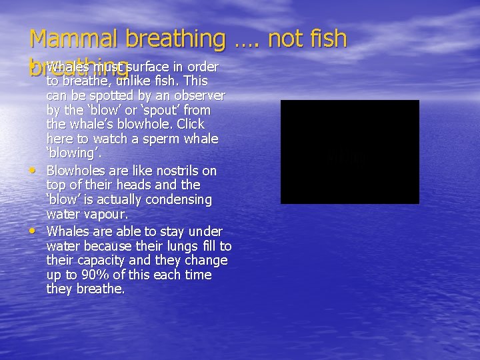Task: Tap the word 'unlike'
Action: click(x=134, y=81)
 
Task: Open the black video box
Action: click(x=349, y=152)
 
